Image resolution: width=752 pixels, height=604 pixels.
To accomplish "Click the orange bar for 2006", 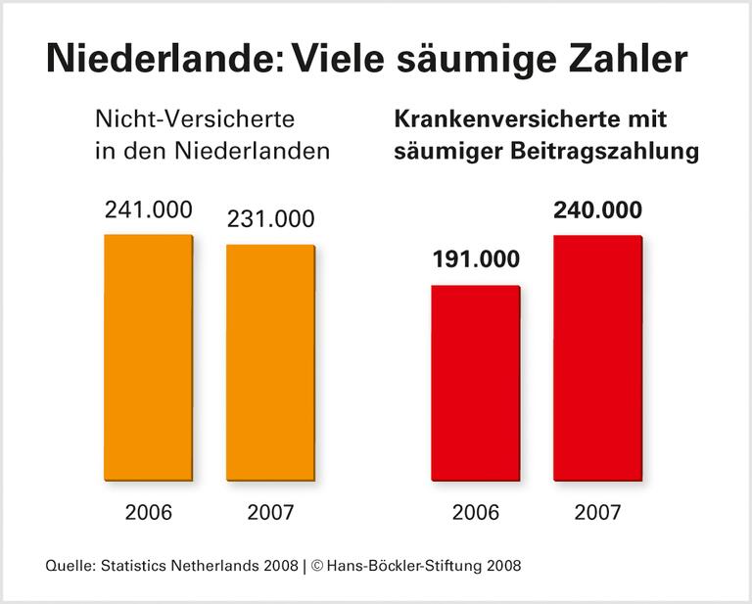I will coord(148,357).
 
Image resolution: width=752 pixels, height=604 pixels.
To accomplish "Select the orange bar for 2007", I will coord(270,362).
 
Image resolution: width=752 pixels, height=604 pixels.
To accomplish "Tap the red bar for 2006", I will coord(476,383).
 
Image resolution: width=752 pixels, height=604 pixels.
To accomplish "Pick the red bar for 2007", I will coord(598,358).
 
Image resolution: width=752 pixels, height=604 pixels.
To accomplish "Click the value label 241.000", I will coord(148,210).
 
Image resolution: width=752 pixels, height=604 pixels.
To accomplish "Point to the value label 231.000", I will coord(270,219).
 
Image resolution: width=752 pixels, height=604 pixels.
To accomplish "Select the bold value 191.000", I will coord(475,260).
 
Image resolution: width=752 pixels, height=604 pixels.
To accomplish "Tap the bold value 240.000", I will coord(598,210).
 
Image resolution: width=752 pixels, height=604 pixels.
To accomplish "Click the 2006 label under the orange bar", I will coord(148,512).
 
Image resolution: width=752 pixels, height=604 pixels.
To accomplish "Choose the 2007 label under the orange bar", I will coord(269,512).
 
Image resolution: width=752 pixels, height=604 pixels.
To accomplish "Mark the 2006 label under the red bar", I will coord(475,512).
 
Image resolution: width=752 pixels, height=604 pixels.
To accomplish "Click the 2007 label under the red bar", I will coord(597,512).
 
